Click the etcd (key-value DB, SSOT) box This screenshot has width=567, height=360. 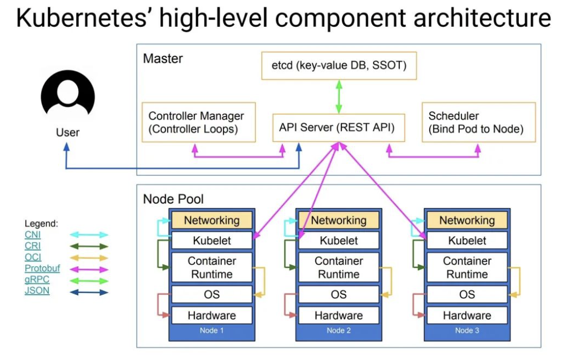click(338, 66)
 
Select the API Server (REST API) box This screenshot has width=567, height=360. click(338, 127)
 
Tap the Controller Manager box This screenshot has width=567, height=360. click(198, 123)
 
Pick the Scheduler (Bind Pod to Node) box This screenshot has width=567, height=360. click(479, 123)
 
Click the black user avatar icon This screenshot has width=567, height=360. click(68, 97)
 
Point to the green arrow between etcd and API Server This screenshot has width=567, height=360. click(338, 96)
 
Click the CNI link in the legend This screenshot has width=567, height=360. click(32, 235)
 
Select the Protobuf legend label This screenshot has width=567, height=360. click(42, 268)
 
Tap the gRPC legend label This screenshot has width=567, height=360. click(37, 280)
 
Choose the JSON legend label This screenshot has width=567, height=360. click(37, 291)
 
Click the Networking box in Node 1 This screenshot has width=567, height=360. click(212, 220)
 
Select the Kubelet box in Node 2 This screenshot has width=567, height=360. click(339, 241)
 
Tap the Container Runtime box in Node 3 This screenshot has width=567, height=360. click(467, 267)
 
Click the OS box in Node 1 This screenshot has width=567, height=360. click(212, 294)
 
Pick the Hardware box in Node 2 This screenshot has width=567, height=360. click(339, 315)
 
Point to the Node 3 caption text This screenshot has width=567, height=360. click(467, 331)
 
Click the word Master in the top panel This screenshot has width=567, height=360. click(163, 58)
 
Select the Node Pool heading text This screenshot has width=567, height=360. click(173, 199)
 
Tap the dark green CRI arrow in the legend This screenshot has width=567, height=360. click(88, 246)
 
